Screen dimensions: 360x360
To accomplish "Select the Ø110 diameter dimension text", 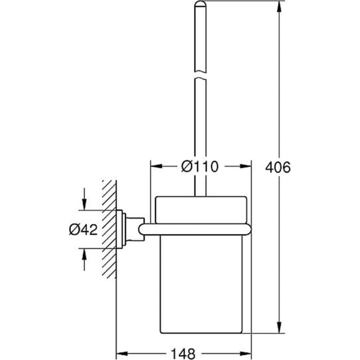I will tap(200, 167).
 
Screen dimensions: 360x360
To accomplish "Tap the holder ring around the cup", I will tap(200, 230).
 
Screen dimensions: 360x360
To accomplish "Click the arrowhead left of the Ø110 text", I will tap(155, 167).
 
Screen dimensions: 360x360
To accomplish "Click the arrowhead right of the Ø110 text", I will tap(246, 167).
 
